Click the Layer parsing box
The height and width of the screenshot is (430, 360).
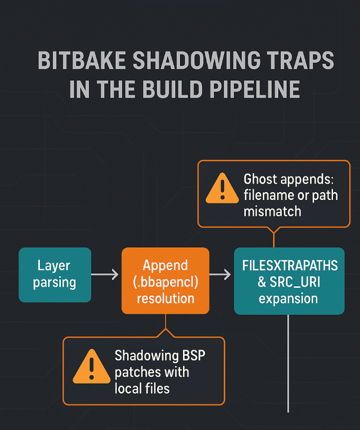(55, 274)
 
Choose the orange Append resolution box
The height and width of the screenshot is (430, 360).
(166, 281)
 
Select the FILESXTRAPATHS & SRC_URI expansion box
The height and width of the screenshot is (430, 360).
(289, 281)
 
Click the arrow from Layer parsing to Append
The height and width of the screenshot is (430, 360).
(106, 274)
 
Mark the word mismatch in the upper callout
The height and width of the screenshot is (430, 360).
(272, 211)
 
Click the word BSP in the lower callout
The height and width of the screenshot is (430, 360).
(192, 356)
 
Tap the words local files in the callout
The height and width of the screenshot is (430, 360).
(142, 388)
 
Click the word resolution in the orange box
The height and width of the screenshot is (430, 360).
(166, 298)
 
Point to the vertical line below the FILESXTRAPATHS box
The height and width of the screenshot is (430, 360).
(289, 364)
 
